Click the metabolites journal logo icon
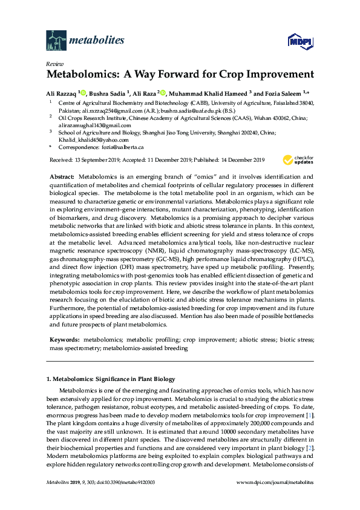[57, 40]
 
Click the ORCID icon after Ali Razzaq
[83, 93]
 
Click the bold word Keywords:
[64, 341]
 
